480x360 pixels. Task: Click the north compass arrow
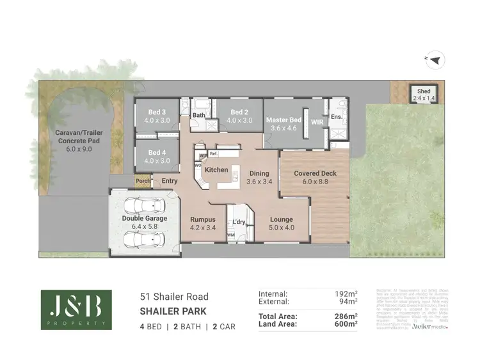436,60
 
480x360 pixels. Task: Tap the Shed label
423,91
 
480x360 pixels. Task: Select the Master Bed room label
284,120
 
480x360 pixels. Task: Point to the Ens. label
337,118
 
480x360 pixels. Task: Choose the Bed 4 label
157,153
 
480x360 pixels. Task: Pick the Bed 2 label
239,112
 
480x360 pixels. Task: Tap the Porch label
141,182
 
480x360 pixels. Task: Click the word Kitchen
216,169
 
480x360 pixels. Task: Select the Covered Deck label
315,173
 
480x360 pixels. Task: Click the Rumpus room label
203,219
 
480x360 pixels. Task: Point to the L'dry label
239,222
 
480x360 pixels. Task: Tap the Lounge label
281,219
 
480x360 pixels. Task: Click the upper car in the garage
145,206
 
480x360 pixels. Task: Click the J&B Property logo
76,309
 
